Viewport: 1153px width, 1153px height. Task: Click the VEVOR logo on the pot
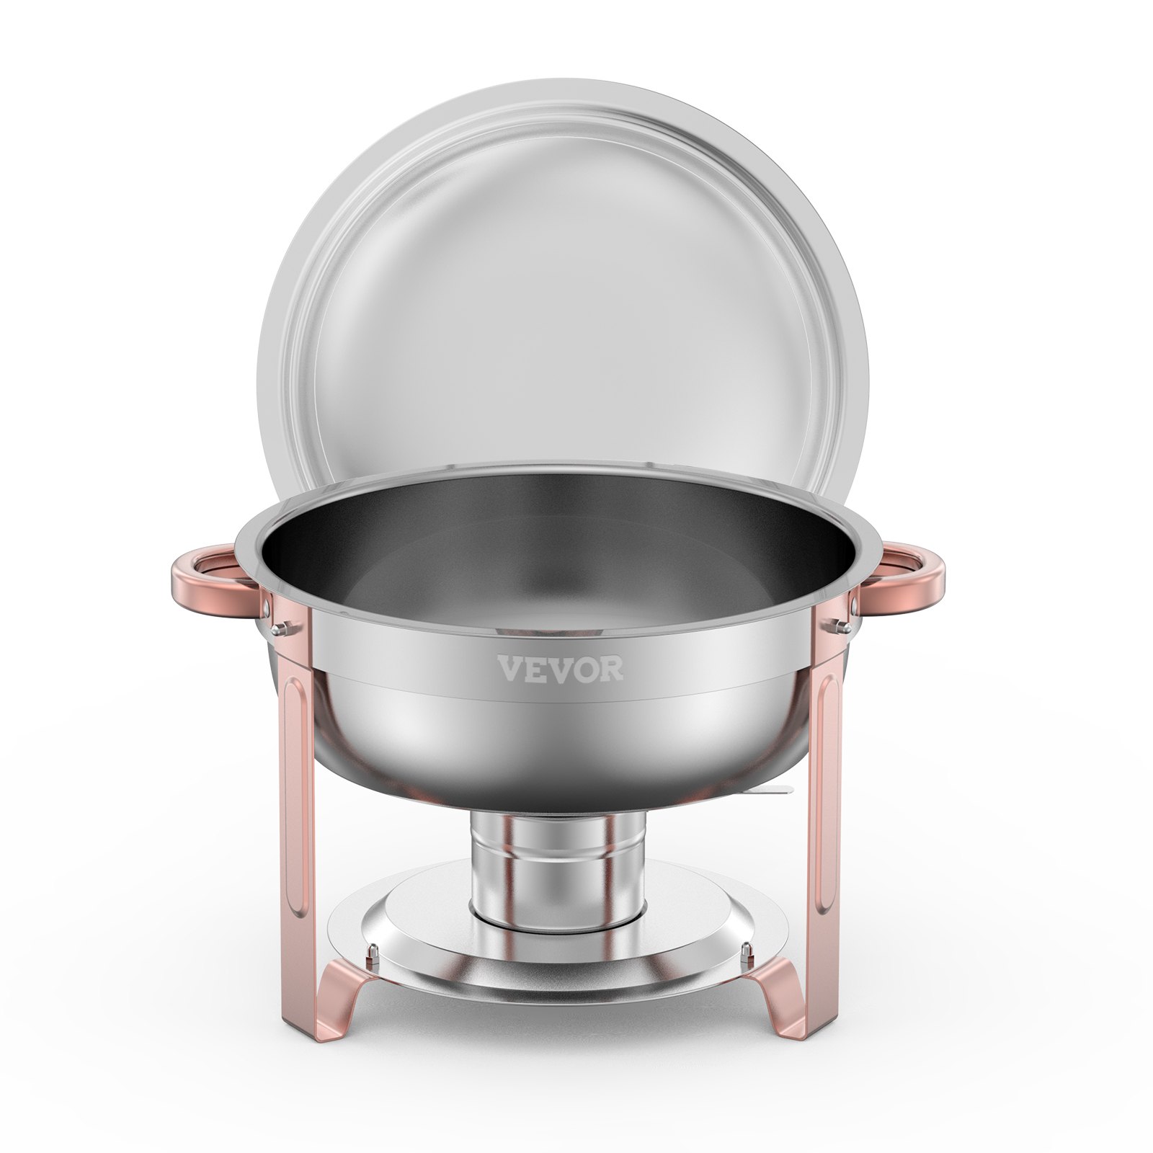[561, 668]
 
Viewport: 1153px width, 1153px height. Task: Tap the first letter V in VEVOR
[509, 668]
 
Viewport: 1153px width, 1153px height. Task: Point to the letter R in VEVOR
[613, 668]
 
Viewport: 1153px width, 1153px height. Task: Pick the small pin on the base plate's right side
[744, 957]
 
